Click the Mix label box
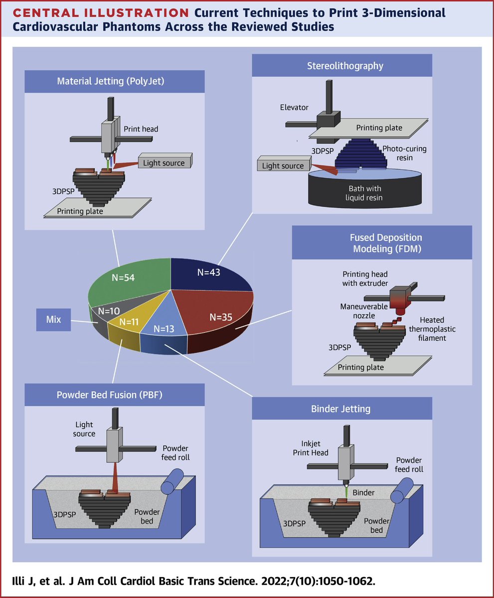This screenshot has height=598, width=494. [54, 319]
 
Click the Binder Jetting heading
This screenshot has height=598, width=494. [341, 409]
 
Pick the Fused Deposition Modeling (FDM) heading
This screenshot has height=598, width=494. [381, 243]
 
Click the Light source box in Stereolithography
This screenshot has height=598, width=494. [283, 166]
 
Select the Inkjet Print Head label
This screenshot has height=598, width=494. [315, 448]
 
